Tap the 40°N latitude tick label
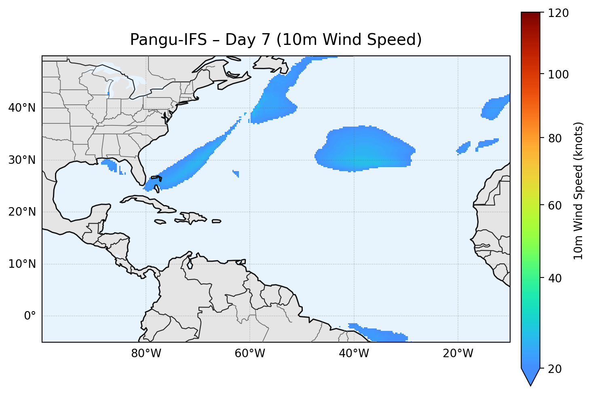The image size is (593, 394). [22, 108]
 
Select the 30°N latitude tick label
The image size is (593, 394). [22, 160]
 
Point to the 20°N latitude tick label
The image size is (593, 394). [22, 212]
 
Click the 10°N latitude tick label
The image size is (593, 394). [22, 264]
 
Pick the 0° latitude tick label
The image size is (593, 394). [30, 316]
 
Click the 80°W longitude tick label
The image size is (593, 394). [146, 354]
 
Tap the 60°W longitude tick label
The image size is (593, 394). [250, 354]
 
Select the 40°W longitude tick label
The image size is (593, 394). [354, 354]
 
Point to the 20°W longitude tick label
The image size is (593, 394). [458, 354]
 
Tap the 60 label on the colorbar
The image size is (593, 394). [557, 205]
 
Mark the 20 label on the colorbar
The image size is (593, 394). [557, 369]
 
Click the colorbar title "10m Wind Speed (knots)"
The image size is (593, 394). [578, 191]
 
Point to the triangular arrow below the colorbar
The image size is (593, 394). [530, 376]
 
